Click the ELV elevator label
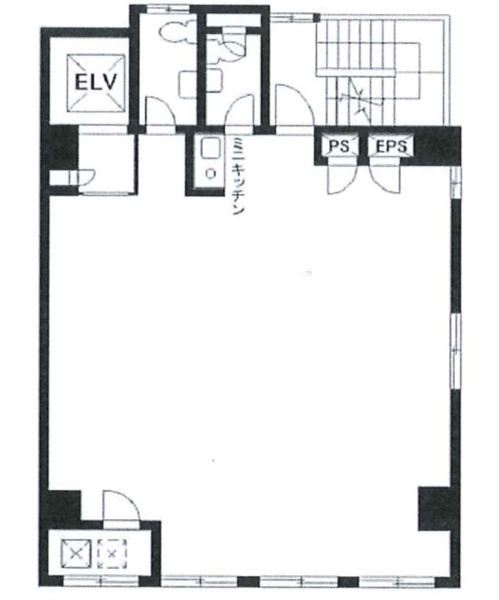coord(96,82)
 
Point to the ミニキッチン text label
coord(238,176)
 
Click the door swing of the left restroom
coord(161,111)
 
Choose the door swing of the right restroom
coord(239,111)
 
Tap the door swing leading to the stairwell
coord(294,105)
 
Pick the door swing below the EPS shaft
coord(385,178)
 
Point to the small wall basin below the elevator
coord(83,177)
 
